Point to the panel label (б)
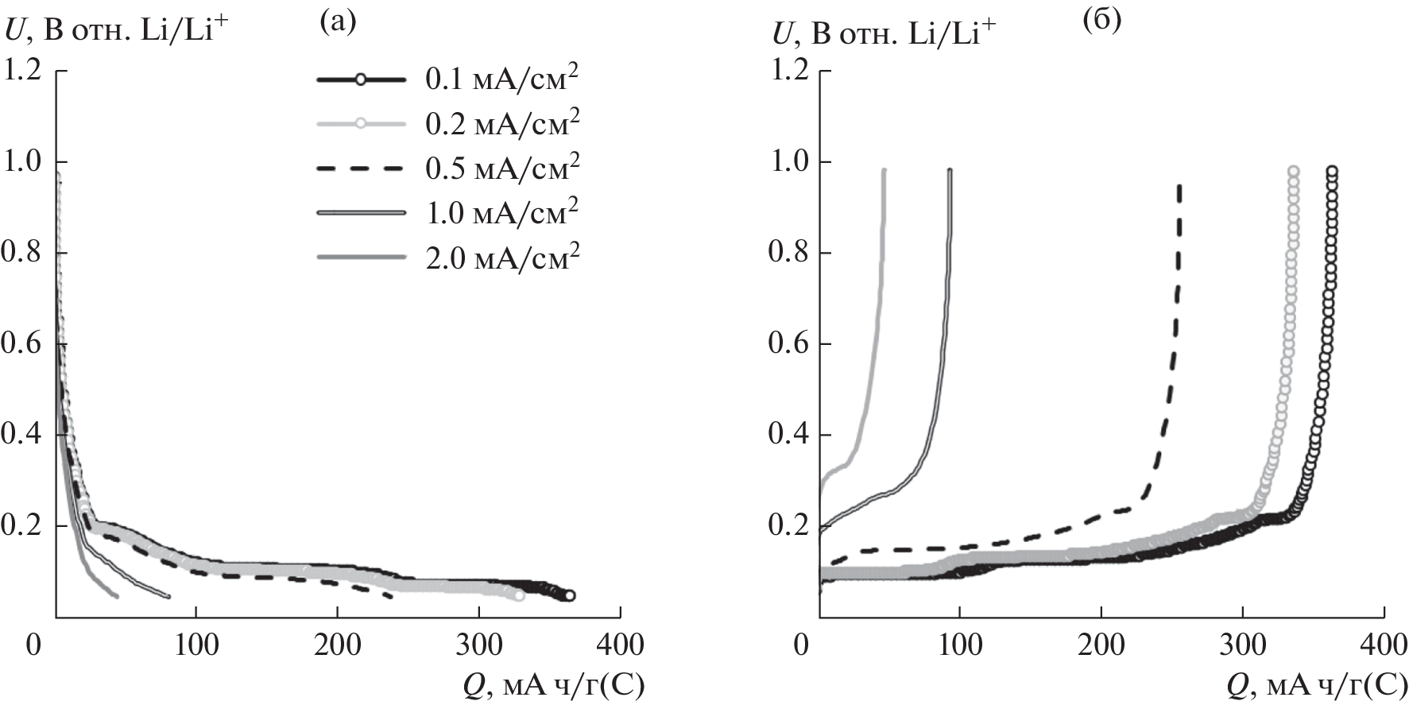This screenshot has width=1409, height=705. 1102,21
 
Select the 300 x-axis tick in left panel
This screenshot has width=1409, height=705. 478,645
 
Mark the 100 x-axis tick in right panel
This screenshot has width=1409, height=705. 960,645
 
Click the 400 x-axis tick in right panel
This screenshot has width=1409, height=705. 1384,645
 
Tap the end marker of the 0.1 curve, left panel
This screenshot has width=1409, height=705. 570,595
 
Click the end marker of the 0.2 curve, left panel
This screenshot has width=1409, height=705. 519,595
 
